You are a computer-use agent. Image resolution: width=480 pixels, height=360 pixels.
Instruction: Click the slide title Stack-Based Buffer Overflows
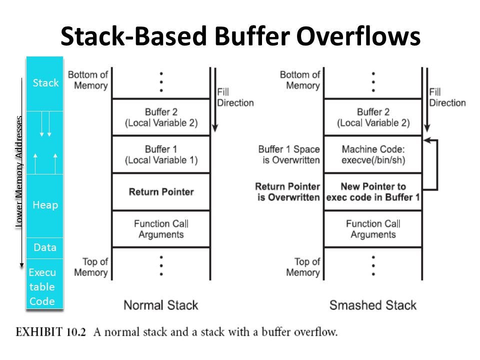click(x=240, y=36)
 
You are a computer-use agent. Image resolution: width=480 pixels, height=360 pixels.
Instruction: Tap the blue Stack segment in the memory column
click(x=45, y=83)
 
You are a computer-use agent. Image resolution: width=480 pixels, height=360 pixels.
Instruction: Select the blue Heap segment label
click(x=45, y=205)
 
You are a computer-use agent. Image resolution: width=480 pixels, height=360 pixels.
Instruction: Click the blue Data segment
click(x=45, y=247)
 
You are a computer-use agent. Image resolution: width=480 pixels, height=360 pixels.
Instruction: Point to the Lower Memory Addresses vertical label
click(x=19, y=172)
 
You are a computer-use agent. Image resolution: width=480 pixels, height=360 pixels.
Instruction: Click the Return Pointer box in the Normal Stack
click(x=161, y=191)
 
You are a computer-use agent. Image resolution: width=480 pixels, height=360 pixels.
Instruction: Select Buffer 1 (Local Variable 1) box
click(x=161, y=154)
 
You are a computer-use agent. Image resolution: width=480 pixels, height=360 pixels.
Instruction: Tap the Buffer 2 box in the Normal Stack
click(x=161, y=117)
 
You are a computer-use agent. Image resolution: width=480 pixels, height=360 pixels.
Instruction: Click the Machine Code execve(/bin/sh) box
click(x=373, y=154)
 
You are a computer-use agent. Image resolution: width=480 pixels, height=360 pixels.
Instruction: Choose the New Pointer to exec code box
click(x=373, y=191)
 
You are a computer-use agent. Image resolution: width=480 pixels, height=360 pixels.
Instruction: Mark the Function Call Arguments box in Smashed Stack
click(x=373, y=228)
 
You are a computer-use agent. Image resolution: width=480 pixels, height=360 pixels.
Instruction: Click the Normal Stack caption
click(x=160, y=305)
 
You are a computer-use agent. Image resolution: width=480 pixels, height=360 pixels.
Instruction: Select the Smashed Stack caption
click(x=373, y=305)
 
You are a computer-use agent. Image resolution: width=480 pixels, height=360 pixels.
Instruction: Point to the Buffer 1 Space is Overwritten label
click(x=288, y=154)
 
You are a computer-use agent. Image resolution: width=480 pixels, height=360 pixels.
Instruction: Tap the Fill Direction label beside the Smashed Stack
click(x=447, y=97)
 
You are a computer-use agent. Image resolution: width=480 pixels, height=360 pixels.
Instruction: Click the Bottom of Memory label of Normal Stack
click(x=88, y=80)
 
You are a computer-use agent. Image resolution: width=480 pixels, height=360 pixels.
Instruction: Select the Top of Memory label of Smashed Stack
click(x=303, y=267)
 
